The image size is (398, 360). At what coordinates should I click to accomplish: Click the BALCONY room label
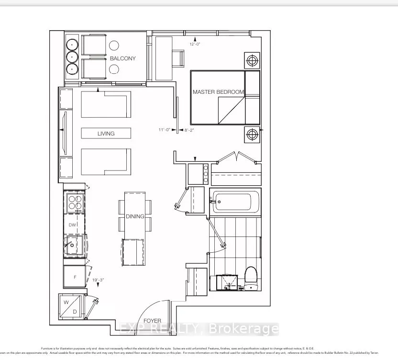coord(122,58)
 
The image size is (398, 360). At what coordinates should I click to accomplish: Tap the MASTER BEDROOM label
coord(218,91)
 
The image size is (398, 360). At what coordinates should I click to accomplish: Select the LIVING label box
coord(106,133)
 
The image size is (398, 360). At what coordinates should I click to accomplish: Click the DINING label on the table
coord(135,216)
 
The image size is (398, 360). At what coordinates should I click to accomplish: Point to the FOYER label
coord(152,321)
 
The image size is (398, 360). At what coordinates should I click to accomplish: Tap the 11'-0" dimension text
coord(165,130)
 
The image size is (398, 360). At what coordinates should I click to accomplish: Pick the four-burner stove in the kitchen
coord(75,203)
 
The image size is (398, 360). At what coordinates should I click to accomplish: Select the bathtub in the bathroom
coord(235,202)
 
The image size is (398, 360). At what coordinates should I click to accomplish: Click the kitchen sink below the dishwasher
coord(73,246)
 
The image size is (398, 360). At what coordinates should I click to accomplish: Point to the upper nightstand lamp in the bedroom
coord(252,60)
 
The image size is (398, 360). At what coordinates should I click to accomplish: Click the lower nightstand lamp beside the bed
coord(252,135)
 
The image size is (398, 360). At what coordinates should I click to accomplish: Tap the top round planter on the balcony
coord(72,44)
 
